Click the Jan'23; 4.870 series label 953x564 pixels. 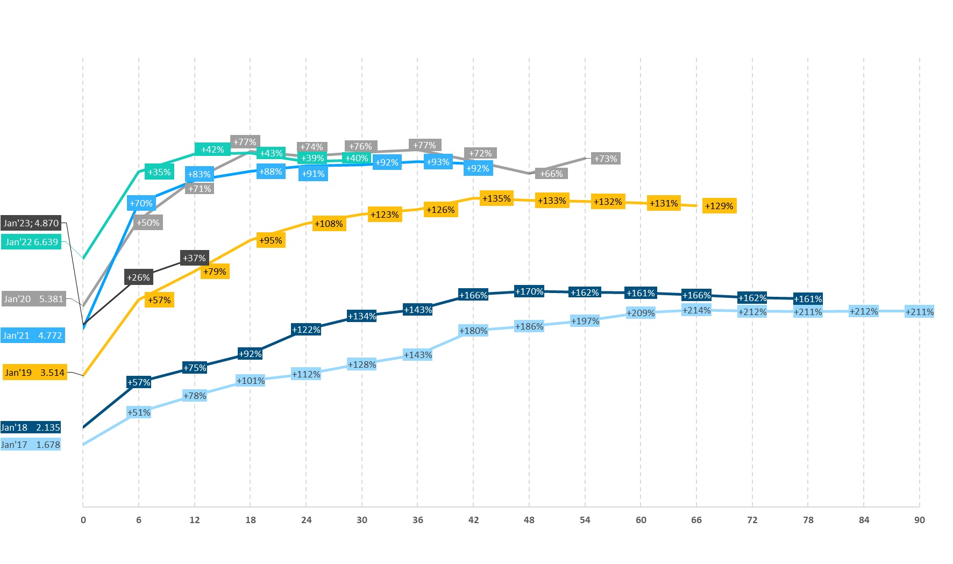[31, 223]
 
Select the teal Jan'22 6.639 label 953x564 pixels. [32, 242]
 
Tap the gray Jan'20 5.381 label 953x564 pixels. [33, 299]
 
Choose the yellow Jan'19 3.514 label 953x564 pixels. [35, 373]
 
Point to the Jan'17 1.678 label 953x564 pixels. [31, 445]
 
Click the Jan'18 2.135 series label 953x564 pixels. [31, 427]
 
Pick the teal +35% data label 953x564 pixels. [159, 172]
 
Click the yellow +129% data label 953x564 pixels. [719, 206]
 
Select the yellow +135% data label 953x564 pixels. [496, 198]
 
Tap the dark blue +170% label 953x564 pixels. [529, 291]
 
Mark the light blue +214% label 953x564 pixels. [696, 310]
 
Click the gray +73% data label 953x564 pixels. [606, 159]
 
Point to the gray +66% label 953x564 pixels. [552, 174]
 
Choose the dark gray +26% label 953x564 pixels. [138, 277]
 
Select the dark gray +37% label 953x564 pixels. [194, 258]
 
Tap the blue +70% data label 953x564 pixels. [141, 203]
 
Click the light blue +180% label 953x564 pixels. [473, 331]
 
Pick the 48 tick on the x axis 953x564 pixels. [529, 520]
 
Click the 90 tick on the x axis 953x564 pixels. [920, 520]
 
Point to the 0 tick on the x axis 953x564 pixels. [83, 520]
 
